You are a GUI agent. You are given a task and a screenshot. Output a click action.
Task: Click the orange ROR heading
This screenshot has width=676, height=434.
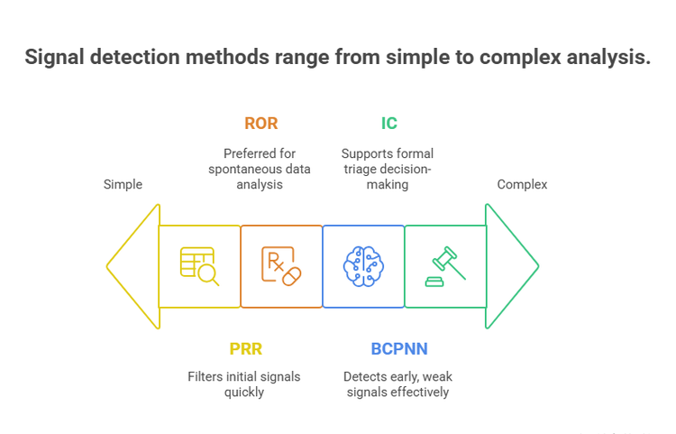261,124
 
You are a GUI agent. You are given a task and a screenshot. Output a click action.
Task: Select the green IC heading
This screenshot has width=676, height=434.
388,124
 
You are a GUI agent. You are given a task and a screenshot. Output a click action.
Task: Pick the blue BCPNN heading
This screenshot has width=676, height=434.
398,348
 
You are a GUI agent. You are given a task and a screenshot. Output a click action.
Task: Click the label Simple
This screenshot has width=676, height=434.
123,184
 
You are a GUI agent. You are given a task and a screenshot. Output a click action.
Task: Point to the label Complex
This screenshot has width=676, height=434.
522,184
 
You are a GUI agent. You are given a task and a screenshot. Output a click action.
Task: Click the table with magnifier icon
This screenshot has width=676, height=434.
199,266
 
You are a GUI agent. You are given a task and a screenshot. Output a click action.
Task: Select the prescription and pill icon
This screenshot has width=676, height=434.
281,266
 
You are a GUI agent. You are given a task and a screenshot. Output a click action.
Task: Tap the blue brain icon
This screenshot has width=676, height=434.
363,266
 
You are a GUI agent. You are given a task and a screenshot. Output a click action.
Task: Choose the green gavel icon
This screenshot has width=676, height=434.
445,266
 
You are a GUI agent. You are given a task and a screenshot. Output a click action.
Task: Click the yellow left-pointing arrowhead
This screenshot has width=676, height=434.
133,266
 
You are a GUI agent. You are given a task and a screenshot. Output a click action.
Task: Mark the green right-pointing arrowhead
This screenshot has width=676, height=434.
511,266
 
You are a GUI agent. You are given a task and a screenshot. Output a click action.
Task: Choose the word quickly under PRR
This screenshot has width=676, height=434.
244,392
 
